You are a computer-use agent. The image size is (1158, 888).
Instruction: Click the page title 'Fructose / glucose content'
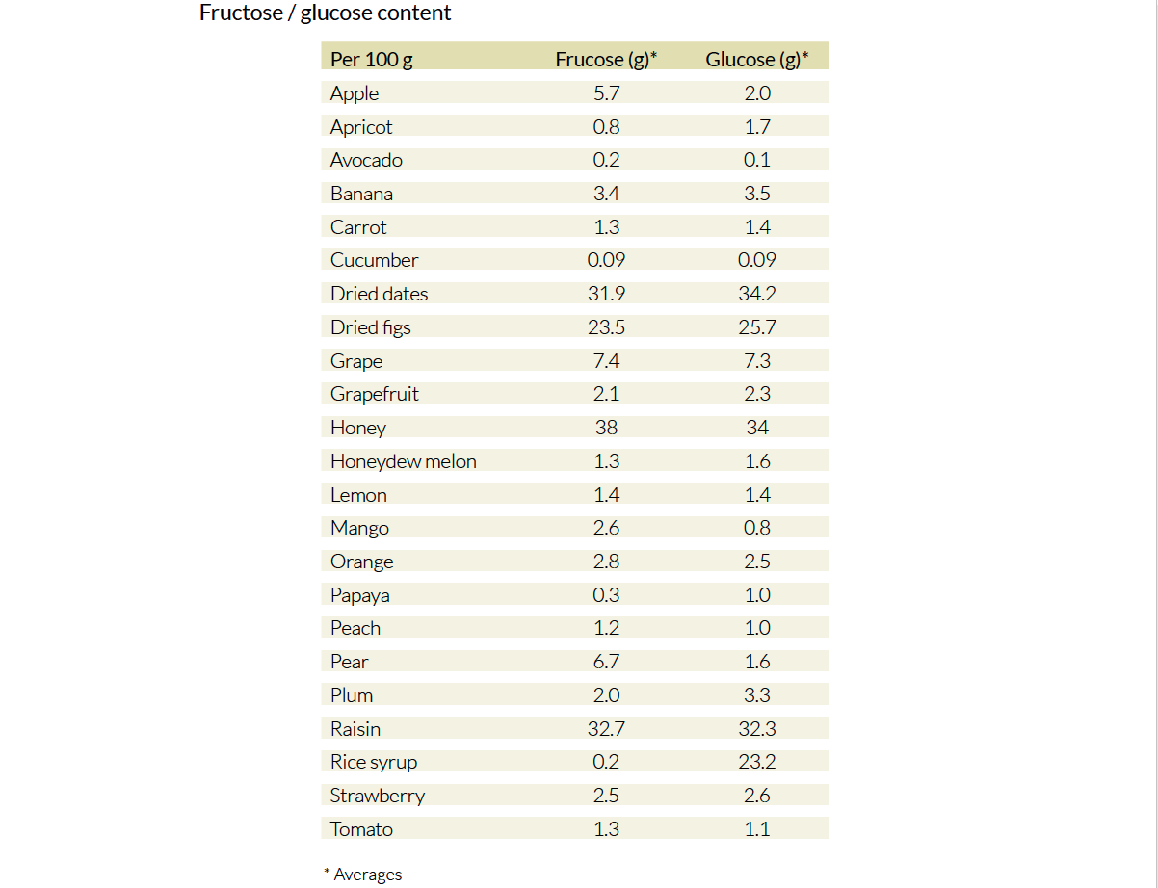tap(325, 13)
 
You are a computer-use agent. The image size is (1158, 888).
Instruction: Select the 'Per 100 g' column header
tap(371, 60)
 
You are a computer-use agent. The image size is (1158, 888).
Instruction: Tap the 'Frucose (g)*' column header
tap(606, 60)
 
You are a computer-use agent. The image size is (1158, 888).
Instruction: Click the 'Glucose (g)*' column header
tap(756, 60)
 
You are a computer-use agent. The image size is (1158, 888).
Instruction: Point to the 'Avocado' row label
tap(366, 160)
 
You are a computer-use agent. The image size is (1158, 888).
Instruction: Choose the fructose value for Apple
tap(606, 93)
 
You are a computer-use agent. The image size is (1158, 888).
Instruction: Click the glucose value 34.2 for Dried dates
tap(756, 294)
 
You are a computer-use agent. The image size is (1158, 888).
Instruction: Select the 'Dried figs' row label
tap(370, 327)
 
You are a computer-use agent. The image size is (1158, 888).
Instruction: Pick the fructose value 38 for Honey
tap(606, 428)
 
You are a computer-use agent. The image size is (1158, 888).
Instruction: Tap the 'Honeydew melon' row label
tap(403, 461)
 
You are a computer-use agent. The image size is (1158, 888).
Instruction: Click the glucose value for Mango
tap(756, 528)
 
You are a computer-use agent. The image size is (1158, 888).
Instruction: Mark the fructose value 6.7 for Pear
tap(606, 662)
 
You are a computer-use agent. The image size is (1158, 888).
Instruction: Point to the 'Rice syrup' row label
tap(373, 762)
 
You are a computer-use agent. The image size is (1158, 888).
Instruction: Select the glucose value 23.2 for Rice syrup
tap(756, 762)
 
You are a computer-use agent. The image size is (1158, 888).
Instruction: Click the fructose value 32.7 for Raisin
tap(606, 729)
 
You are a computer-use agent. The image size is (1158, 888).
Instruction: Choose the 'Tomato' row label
tap(361, 829)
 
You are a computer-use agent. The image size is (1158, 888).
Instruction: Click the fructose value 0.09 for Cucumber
tap(606, 260)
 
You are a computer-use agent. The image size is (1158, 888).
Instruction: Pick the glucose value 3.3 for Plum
tap(756, 695)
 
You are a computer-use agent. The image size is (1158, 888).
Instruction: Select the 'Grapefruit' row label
tap(374, 394)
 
